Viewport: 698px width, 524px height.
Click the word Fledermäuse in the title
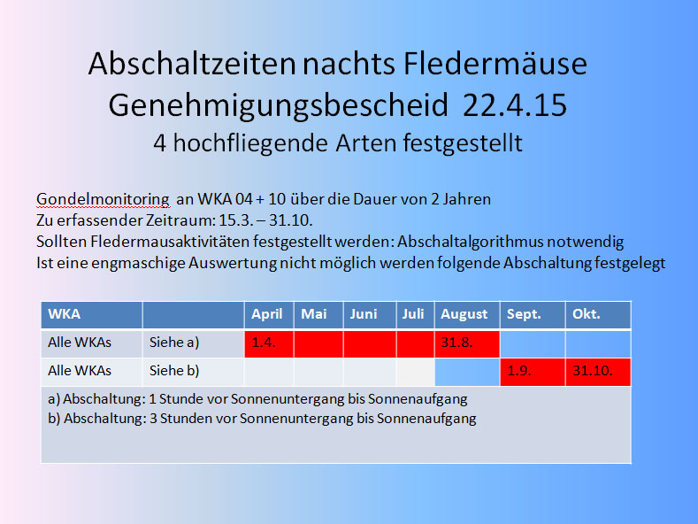tap(495, 63)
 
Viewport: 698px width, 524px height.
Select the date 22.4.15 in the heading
tap(515, 105)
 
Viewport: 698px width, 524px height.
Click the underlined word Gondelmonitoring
tap(103, 199)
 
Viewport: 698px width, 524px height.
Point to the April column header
tap(269, 314)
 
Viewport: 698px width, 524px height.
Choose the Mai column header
tap(318, 314)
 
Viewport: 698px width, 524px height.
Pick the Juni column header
tap(370, 314)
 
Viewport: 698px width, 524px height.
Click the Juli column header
tap(415, 314)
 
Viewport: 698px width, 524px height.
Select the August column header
tap(467, 314)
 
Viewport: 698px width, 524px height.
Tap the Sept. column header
tap(533, 314)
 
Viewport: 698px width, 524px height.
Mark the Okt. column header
tap(598, 314)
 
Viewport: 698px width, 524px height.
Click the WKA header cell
tap(91, 314)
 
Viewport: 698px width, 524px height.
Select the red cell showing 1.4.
tap(269, 343)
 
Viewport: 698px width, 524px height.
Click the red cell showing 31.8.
tap(467, 343)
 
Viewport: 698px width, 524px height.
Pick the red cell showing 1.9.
tap(533, 372)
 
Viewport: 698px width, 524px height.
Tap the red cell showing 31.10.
tap(598, 372)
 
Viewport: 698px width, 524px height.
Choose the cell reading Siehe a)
tap(193, 343)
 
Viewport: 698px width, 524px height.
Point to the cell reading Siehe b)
tap(193, 372)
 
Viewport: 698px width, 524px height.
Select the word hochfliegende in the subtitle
tap(250, 143)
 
